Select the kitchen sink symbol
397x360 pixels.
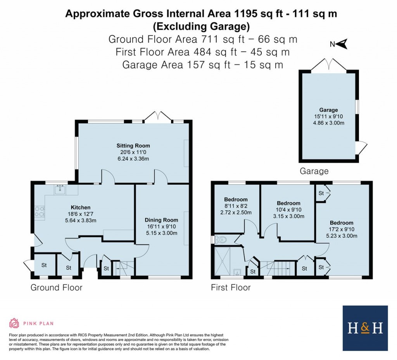60,190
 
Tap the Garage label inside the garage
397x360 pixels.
328,110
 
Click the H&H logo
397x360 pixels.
365,328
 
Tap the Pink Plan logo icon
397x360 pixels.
14,323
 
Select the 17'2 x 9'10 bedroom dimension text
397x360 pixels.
341,229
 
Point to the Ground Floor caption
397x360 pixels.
57,287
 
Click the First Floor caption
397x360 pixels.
231,287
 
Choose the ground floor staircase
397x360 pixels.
123,267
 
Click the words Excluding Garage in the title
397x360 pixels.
201,26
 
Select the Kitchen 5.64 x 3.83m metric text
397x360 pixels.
80,220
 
